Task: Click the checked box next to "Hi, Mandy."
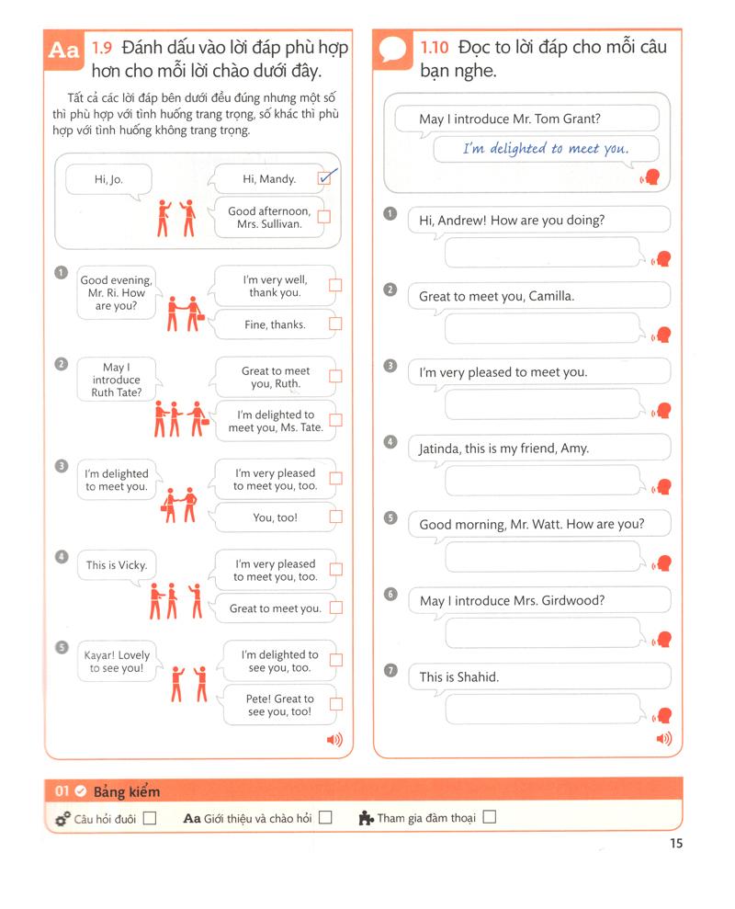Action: click(x=323, y=178)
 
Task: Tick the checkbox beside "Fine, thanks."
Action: click(x=335, y=324)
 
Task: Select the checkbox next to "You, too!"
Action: click(x=335, y=517)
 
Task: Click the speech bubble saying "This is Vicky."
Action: click(x=116, y=565)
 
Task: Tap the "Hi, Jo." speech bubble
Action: click(x=107, y=180)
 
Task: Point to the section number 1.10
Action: click(x=435, y=47)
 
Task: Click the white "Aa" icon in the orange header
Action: click(x=63, y=51)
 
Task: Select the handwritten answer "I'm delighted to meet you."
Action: click(x=546, y=149)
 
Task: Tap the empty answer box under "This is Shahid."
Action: click(x=542, y=710)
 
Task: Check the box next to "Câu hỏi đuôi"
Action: click(x=150, y=817)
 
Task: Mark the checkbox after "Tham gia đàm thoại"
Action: click(x=489, y=816)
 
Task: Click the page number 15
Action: click(x=675, y=844)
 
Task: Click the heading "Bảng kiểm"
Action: click(x=126, y=791)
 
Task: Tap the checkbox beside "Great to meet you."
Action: click(x=335, y=608)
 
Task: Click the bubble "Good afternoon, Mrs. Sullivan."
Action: click(x=269, y=217)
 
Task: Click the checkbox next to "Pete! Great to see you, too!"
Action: click(x=335, y=704)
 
